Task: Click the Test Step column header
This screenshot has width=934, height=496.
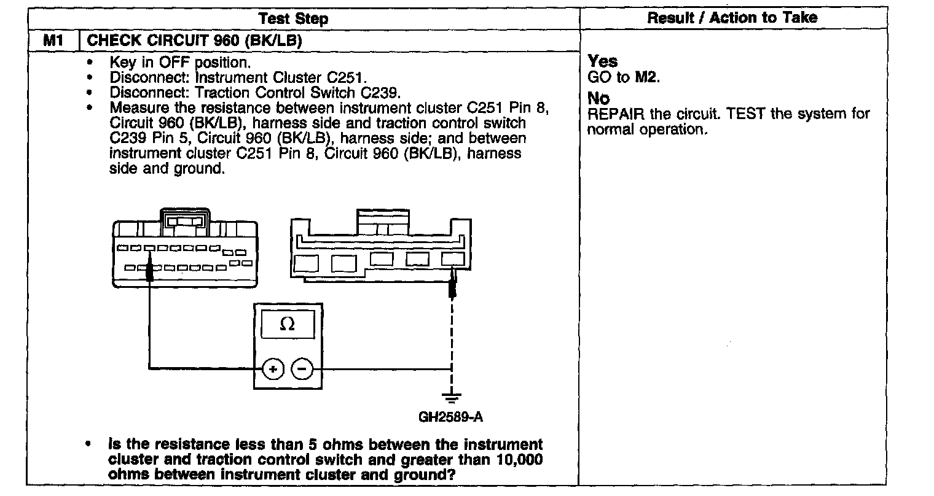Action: coord(293,18)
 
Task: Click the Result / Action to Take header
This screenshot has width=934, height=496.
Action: coord(732,17)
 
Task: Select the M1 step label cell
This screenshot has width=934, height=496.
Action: coord(53,41)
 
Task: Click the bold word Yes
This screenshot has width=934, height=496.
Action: coord(602,61)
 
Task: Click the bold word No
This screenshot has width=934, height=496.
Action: coord(598,99)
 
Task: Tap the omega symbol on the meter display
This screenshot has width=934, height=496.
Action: coord(287,324)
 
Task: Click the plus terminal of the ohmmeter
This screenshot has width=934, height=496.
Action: coord(272,369)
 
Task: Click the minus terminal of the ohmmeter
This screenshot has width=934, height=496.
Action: coord(302,369)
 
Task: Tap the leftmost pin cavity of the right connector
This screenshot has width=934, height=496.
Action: coord(304,263)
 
